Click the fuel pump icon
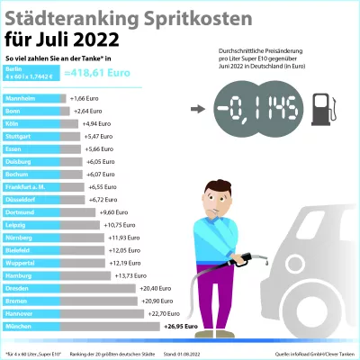(x=323, y=109)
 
